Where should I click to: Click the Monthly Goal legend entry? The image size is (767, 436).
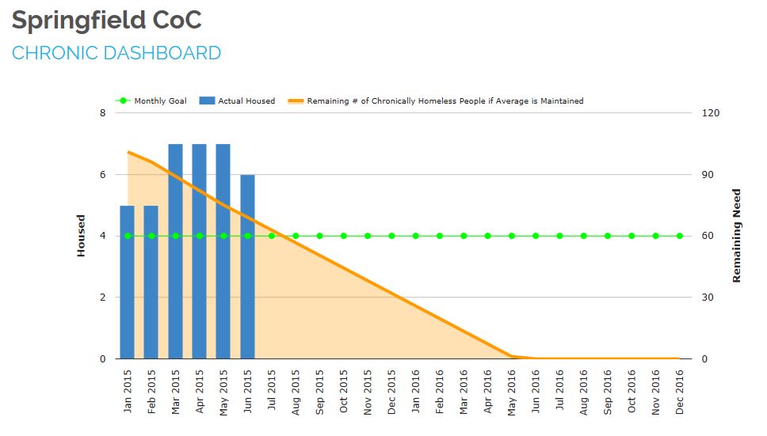tap(151, 101)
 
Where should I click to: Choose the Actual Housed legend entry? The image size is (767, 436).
tap(238, 101)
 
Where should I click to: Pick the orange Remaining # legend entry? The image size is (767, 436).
tap(436, 101)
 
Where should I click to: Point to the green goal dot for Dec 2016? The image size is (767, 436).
tap(680, 236)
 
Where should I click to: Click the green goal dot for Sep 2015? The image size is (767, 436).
tap(319, 236)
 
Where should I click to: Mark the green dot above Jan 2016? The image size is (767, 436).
tap(415, 236)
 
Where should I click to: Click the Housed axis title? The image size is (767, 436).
tap(81, 236)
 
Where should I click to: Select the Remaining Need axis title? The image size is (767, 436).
tap(736, 236)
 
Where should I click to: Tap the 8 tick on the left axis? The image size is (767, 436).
tap(102, 113)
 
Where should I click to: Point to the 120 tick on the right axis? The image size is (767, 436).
tap(711, 113)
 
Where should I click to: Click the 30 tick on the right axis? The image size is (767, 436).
tap(708, 298)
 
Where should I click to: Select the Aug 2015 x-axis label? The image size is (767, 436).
tap(296, 390)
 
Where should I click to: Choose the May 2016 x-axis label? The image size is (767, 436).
tap(512, 390)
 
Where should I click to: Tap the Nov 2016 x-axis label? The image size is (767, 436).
tap(656, 390)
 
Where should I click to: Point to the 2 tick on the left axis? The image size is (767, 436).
tap(102, 298)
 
